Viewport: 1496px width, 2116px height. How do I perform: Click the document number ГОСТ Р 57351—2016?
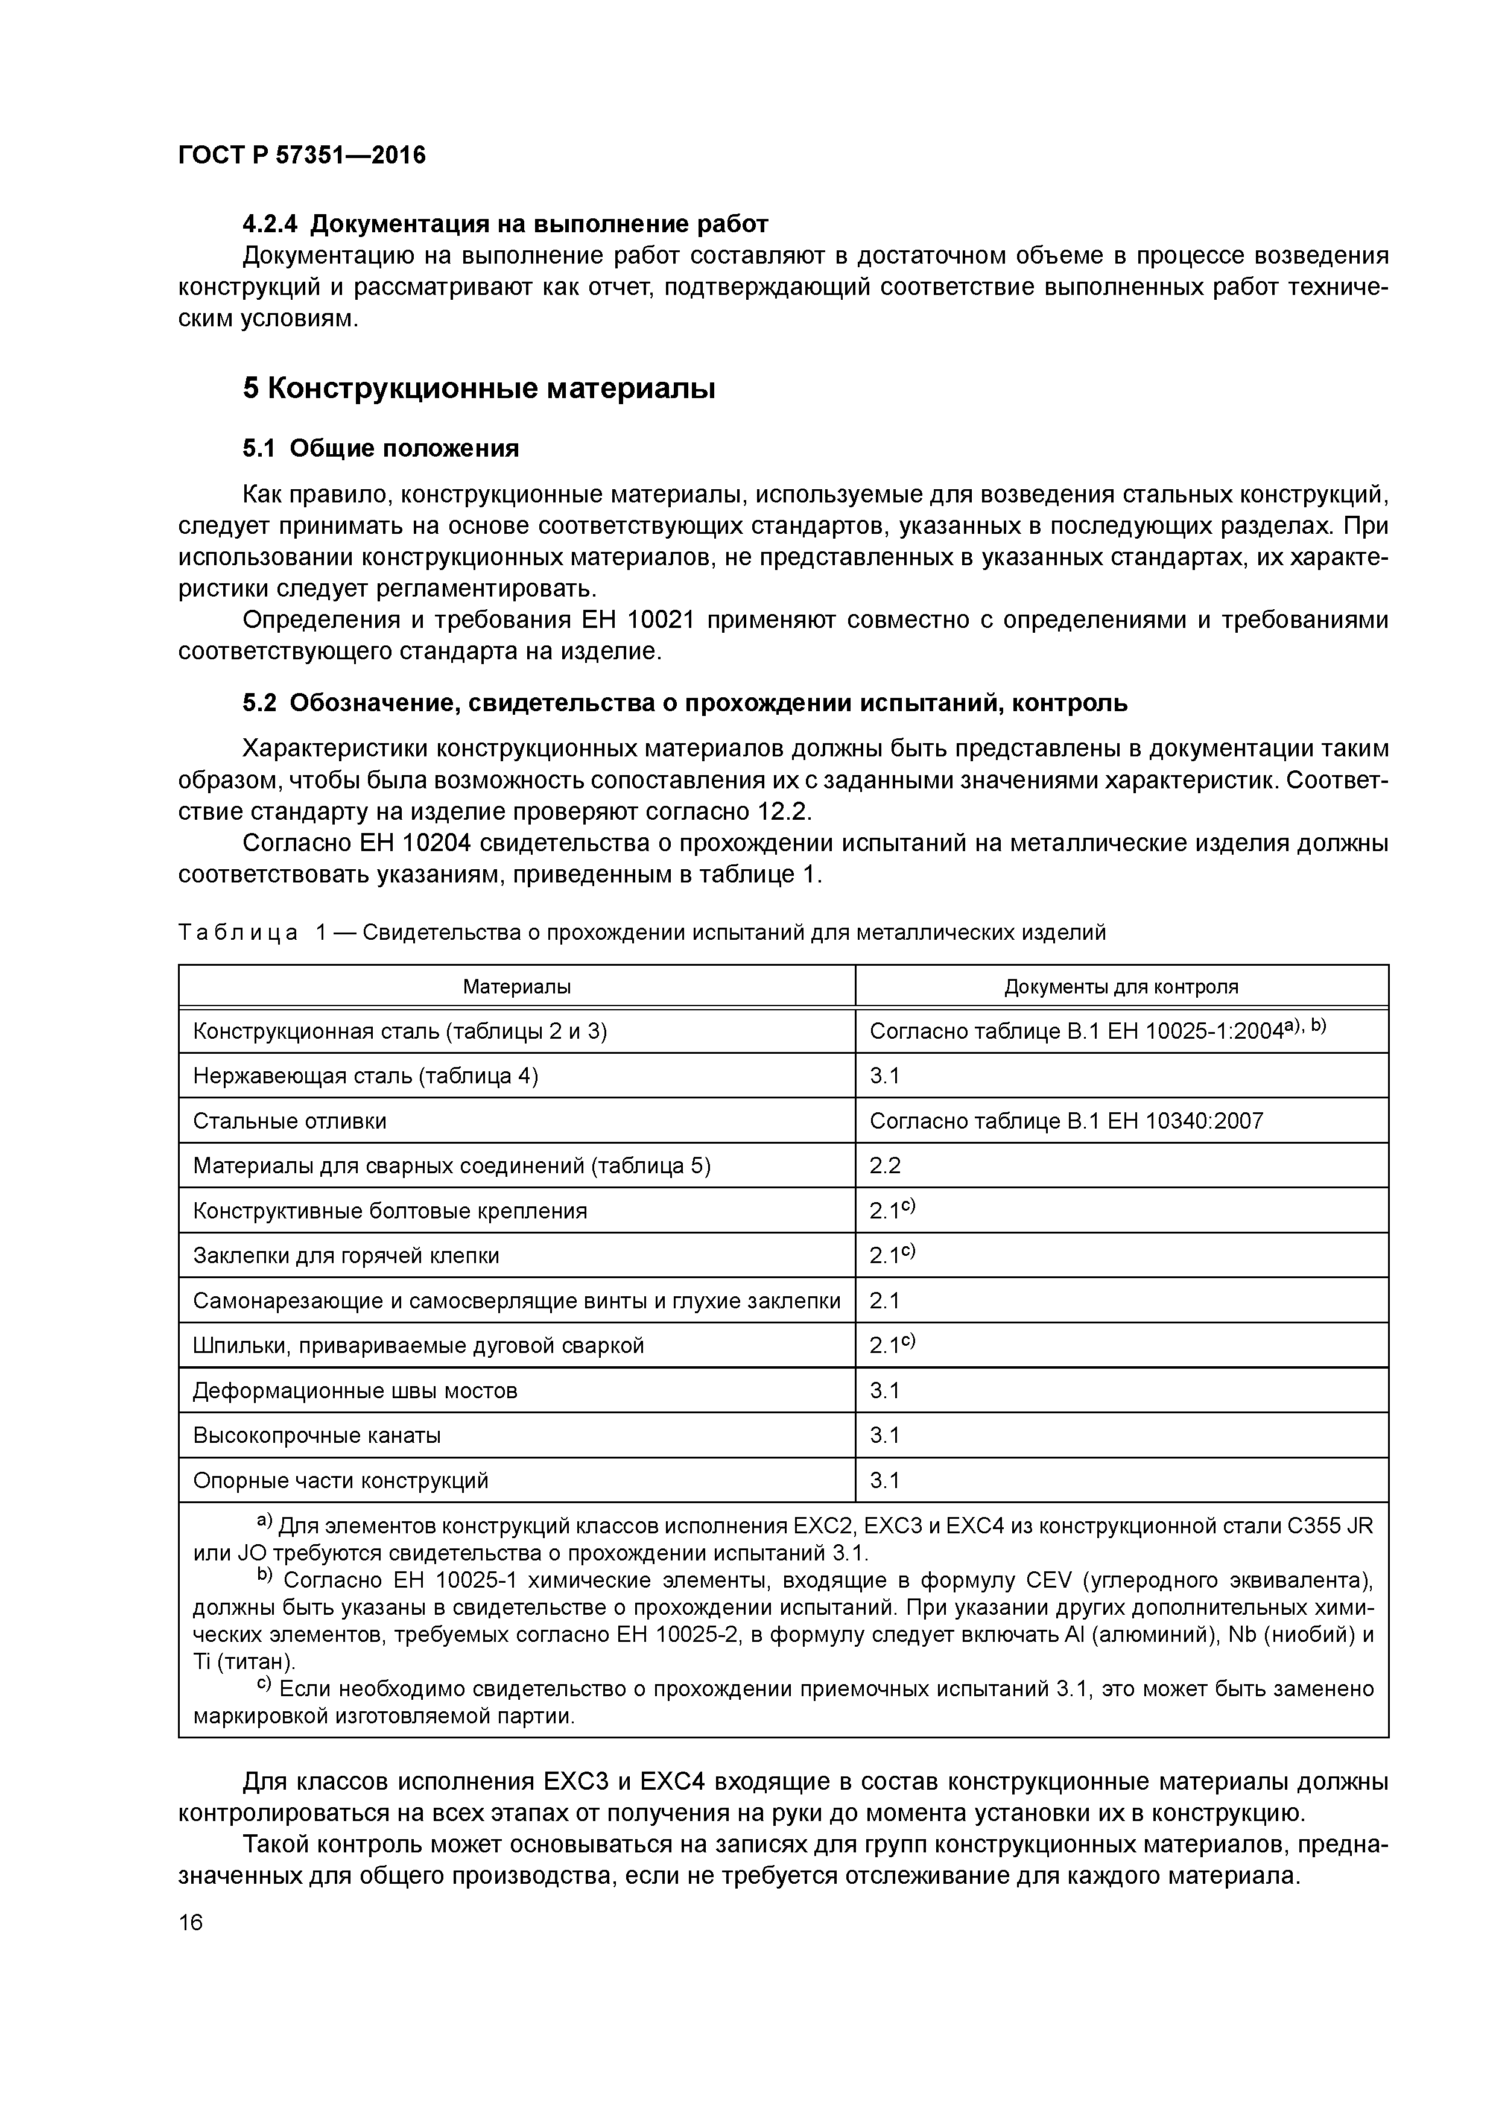coord(302,155)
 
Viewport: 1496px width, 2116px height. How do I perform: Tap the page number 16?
coord(190,1922)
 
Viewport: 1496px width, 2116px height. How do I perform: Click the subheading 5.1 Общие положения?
coord(381,448)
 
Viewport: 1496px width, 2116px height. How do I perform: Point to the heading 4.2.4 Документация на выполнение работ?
coord(505,223)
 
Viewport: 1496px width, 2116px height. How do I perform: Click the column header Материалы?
coord(516,986)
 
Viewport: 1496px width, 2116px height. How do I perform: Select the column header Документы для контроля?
coord(1121,986)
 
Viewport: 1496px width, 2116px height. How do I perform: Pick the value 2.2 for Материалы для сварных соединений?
coord(885,1166)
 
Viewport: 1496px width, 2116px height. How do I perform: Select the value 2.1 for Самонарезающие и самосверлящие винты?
coord(885,1300)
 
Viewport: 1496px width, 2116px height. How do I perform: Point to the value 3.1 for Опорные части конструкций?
coord(885,1480)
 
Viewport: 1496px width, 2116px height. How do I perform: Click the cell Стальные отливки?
coord(290,1121)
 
